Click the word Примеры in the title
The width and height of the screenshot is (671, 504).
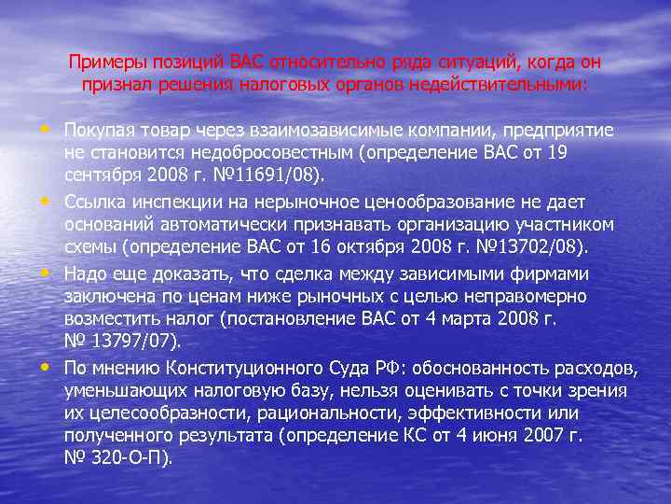coord(101,63)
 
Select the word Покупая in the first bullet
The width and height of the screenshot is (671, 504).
coord(96,130)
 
